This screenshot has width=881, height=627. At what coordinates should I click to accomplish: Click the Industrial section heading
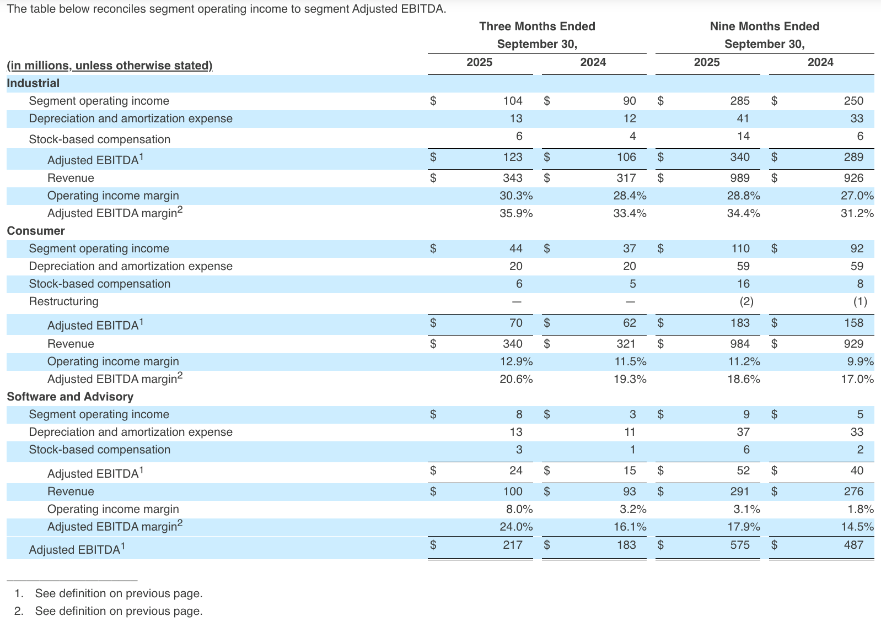33,83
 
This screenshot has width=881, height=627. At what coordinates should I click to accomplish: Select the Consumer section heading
36,231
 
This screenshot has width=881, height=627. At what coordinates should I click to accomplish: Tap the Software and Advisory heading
70,397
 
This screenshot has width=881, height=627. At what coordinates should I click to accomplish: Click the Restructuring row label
63,301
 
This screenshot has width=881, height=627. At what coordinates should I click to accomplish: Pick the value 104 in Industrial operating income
512,101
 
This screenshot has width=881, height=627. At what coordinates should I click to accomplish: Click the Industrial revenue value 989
739,178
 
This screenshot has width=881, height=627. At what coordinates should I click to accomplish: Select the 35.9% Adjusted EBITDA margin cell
515,213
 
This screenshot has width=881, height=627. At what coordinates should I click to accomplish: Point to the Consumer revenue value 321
626,344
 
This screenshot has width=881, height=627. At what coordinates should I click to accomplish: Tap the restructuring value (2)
745,301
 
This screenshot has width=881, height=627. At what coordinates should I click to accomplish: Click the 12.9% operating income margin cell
515,361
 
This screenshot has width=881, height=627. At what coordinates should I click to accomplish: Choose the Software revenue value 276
853,491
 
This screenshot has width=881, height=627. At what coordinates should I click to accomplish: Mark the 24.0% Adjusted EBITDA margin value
515,527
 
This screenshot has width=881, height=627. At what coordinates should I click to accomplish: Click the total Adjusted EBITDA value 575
739,545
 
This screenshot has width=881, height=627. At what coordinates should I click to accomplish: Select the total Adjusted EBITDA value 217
512,545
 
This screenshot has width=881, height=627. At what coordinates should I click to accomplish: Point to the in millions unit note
109,66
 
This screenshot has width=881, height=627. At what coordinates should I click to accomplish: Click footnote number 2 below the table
19,611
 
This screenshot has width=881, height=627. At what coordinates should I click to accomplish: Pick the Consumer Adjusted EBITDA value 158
853,323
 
